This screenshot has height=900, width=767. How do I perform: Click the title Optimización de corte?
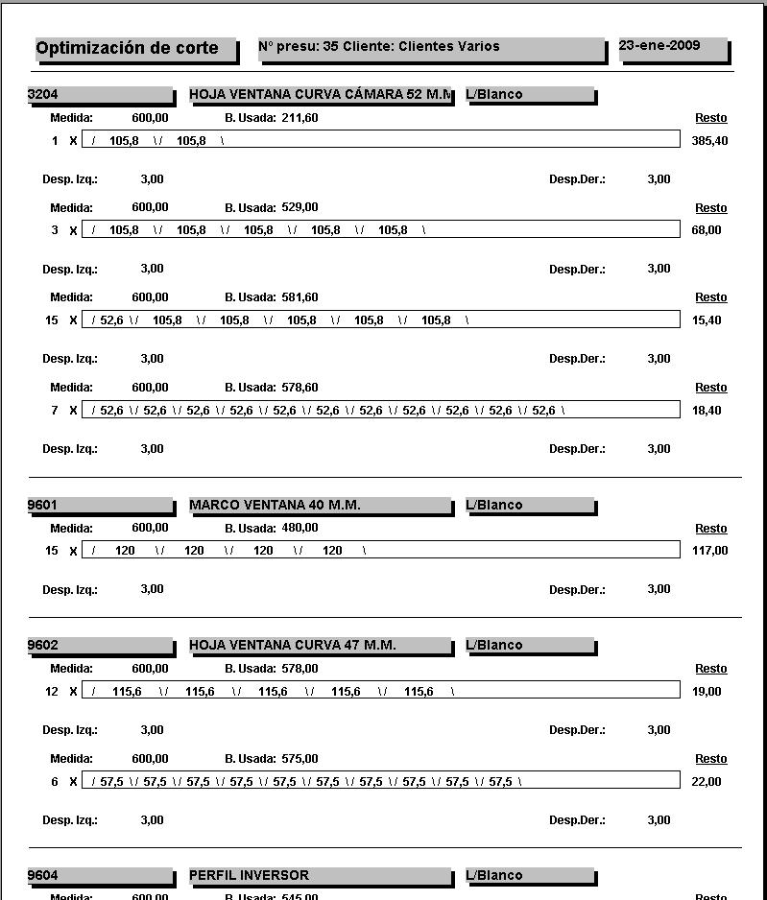click(127, 48)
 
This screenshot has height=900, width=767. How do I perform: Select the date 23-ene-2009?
click(659, 45)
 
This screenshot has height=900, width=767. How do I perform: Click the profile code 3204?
click(43, 94)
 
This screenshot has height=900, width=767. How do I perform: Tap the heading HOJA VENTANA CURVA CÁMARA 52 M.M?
click(321, 94)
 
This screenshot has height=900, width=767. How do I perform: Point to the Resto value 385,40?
click(709, 140)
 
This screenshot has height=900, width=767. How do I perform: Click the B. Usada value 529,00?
click(300, 207)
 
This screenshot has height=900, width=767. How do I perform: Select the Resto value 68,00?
click(707, 230)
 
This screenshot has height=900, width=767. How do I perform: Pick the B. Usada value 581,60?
click(300, 297)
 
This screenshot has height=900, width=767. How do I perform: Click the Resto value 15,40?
click(707, 320)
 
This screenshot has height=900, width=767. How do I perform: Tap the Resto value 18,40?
click(707, 411)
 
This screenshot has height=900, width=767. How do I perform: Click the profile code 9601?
click(43, 505)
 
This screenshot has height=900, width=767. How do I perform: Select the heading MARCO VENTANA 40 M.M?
click(275, 505)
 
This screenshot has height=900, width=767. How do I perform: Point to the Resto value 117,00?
click(709, 551)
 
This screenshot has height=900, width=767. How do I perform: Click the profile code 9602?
click(43, 645)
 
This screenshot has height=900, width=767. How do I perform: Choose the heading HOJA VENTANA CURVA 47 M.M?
click(292, 645)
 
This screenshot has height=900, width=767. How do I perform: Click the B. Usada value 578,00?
click(300, 669)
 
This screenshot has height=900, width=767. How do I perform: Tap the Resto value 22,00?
click(707, 782)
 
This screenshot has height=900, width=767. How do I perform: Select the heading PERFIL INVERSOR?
click(249, 875)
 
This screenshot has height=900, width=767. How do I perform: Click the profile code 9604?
click(43, 875)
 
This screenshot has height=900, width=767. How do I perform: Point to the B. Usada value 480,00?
click(300, 528)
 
